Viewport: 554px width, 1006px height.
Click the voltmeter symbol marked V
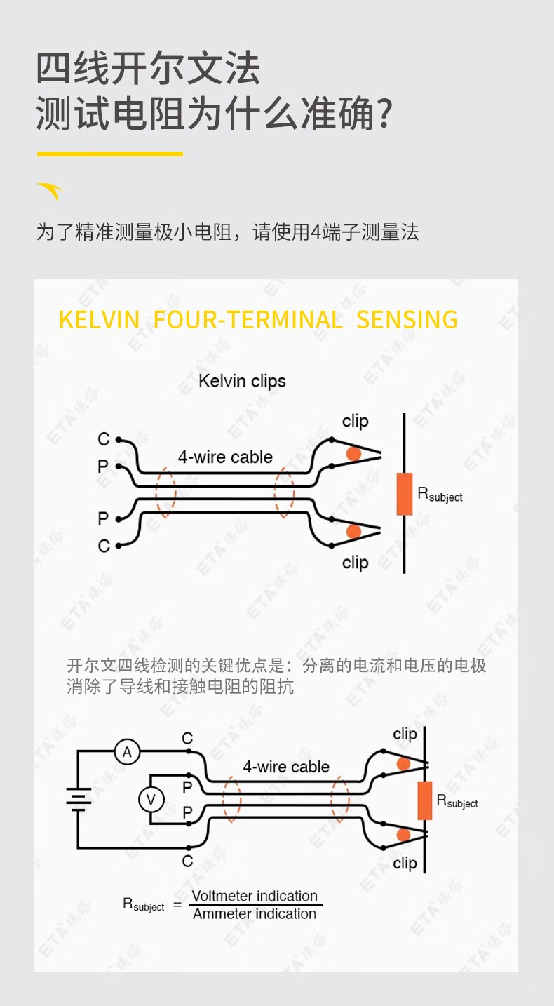151,800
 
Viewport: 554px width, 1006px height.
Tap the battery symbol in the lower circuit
79,799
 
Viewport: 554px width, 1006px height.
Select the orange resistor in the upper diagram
404,494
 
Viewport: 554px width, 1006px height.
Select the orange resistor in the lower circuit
425,800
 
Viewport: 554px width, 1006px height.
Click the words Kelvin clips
242,381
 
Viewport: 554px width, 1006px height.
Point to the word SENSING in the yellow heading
407,319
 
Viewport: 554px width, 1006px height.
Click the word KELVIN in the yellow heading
99,319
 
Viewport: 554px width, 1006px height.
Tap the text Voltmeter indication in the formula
255,896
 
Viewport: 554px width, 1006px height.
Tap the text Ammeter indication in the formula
255,913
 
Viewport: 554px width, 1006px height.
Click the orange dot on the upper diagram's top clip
353,454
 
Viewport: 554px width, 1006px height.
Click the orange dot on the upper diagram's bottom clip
353,531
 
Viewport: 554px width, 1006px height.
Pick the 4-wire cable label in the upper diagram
225,457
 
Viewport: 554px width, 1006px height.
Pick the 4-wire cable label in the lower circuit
286,766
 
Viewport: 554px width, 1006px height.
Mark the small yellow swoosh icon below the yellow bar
50,192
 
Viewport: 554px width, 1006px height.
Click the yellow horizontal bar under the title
110,154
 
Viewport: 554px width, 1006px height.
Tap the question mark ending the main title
384,113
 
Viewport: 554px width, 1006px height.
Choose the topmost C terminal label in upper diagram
104,438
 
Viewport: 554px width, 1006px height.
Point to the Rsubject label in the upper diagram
440,495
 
